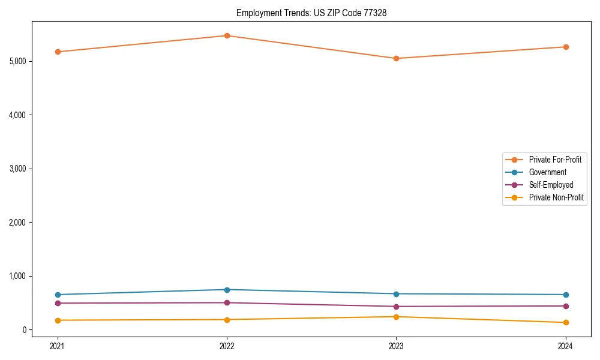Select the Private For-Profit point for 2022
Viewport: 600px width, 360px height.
pyautogui.click(x=227, y=35)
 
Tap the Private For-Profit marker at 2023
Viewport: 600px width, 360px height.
pyautogui.click(x=396, y=58)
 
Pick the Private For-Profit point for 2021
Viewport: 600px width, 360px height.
pyautogui.click(x=58, y=52)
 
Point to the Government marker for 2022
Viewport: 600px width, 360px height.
pyautogui.click(x=227, y=290)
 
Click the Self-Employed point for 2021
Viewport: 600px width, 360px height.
pyautogui.click(x=58, y=303)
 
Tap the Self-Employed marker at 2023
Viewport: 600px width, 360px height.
pyautogui.click(x=396, y=307)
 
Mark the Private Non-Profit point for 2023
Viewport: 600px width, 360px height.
pyautogui.click(x=396, y=317)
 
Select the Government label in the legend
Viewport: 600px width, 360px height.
pyautogui.click(x=547, y=172)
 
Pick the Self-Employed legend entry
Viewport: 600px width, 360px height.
pyautogui.click(x=551, y=185)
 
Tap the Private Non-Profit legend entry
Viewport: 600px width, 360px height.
pyautogui.click(x=556, y=197)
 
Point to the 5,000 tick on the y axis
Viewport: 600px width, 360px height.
pyautogui.click(x=19, y=61)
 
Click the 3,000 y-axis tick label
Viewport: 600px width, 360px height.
pyautogui.click(x=19, y=169)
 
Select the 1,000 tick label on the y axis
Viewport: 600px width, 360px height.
pyautogui.click(x=19, y=276)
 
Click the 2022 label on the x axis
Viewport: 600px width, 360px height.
pyautogui.click(x=227, y=346)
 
